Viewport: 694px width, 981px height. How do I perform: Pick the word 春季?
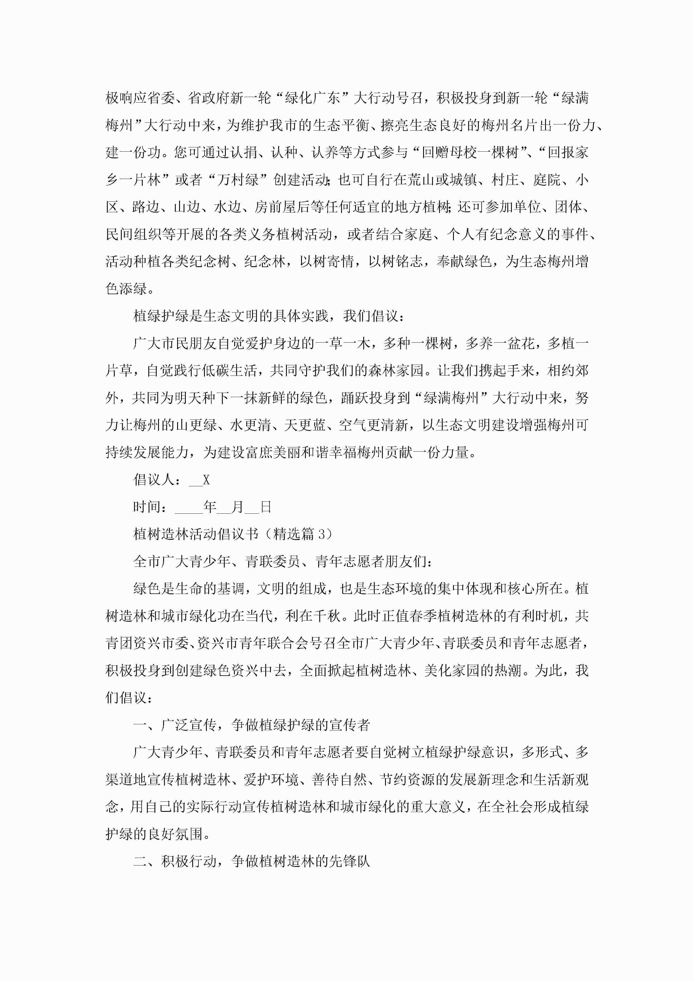click(x=409, y=616)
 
